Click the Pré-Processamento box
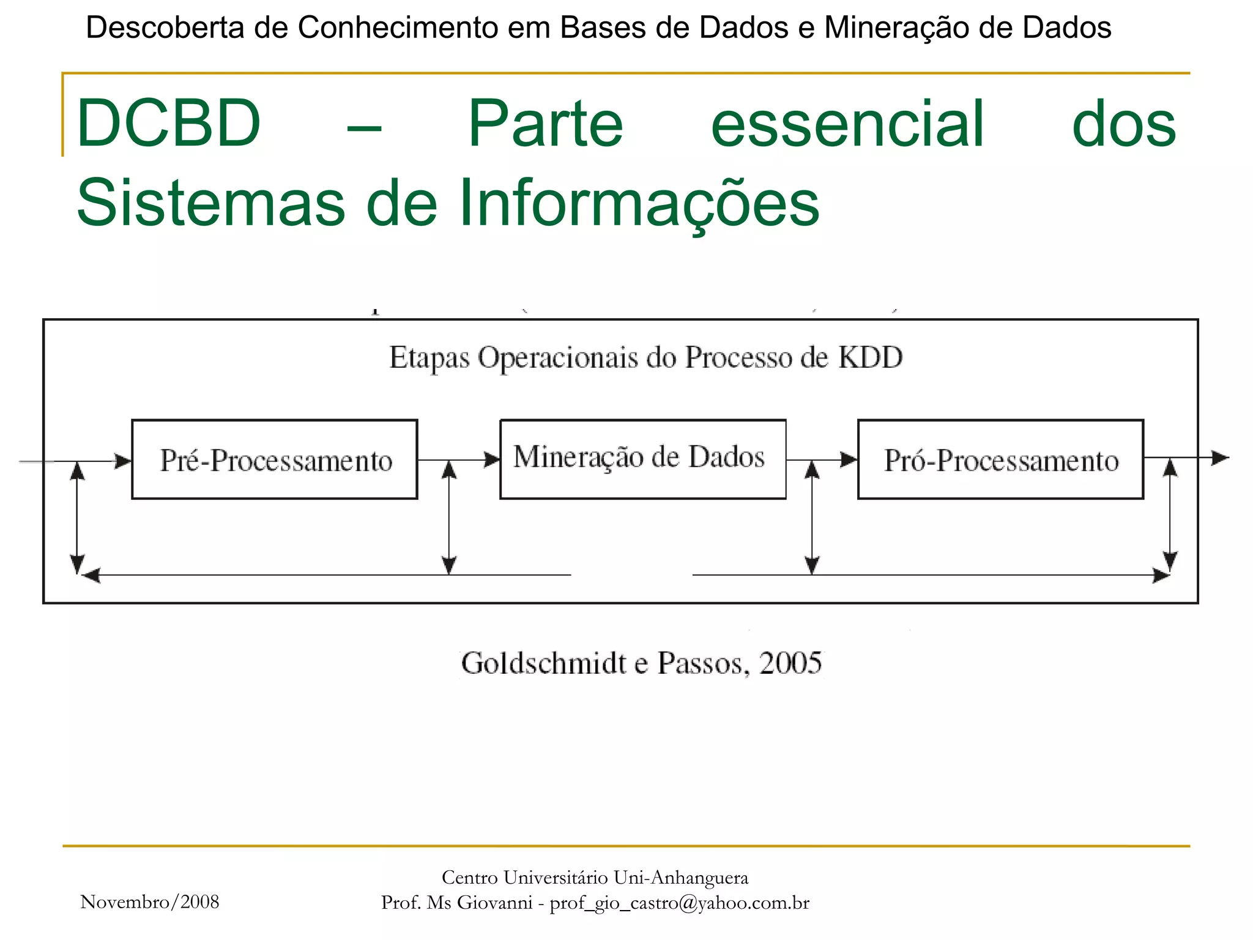click(275, 460)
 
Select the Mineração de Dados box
click(642, 459)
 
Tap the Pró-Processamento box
click(1000, 460)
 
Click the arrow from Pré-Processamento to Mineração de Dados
click(459, 460)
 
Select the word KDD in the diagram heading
click(870, 357)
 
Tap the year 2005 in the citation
click(790, 663)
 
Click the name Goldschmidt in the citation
click(544, 663)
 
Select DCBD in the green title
click(169, 124)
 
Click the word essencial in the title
click(847, 124)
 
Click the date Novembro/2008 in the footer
click(150, 902)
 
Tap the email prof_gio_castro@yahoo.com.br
click(679, 903)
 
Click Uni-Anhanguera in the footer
click(680, 878)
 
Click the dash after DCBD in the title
click(364, 128)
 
